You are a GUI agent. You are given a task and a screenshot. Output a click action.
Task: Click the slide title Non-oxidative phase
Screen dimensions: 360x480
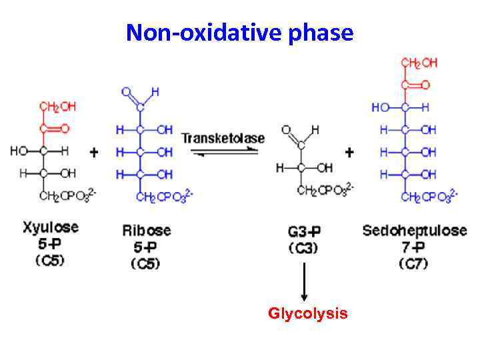pos(239,32)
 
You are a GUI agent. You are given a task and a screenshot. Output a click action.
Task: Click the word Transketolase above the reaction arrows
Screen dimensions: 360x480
pos(223,139)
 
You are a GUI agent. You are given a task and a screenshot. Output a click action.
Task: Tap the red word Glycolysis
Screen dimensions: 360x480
pos(307,313)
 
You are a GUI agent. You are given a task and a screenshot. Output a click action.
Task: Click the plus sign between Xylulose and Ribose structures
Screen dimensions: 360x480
pos(94,153)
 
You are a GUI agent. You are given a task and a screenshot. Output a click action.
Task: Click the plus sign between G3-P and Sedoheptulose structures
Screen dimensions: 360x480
pos(349,153)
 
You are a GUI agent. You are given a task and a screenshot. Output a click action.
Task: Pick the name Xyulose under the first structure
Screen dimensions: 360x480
pos(50,227)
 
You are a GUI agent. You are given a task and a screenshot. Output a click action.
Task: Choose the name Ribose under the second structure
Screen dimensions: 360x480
pos(146,231)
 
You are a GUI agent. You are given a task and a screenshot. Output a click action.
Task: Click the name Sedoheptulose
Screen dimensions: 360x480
pos(414,231)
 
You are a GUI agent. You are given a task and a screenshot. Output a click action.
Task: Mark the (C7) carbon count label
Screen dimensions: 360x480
pos(413,263)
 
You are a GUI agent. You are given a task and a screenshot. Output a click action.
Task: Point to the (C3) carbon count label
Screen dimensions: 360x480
pos(303,248)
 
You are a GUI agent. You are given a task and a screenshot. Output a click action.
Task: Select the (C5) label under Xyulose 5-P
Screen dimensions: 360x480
pos(50,260)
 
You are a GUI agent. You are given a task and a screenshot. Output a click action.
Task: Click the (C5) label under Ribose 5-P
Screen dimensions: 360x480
pos(146,263)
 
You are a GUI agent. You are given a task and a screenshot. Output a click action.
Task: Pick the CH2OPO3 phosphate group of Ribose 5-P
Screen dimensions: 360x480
pos(164,196)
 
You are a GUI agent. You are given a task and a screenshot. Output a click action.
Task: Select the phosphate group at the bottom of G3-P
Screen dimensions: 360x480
pos(325,191)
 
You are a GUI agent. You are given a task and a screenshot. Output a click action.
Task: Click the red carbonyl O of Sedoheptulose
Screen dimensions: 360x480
pos(425,85)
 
